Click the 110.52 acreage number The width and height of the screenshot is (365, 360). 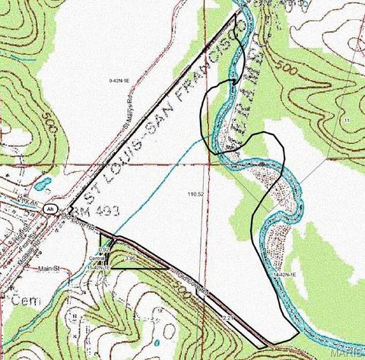pos(196,194)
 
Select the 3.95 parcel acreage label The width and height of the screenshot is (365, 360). pos(130,259)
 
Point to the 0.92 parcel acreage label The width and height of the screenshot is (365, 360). pos(106,250)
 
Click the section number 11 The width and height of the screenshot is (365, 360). pos(347,120)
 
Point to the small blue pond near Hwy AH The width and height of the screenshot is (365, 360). pos(43,183)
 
